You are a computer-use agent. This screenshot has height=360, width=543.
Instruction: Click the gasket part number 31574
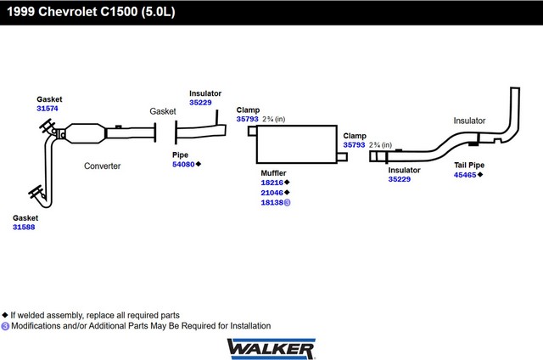coord(48,109)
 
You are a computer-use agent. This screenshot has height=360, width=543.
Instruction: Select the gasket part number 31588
coord(24,228)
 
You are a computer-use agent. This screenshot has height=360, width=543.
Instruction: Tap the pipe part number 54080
coord(183,164)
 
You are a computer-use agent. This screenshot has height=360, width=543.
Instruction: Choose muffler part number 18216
coord(271,183)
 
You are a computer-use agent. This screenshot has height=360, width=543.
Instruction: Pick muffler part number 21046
coord(271,193)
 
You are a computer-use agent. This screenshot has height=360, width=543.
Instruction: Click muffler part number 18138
coord(271,203)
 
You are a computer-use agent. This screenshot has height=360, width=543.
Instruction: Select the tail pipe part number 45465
coord(465,175)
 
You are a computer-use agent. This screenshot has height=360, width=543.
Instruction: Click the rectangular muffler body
coord(297,144)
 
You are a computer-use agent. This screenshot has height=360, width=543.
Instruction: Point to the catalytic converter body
coord(85,133)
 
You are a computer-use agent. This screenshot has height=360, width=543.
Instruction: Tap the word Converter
coord(102,166)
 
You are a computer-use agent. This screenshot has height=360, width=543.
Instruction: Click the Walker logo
coord(271,349)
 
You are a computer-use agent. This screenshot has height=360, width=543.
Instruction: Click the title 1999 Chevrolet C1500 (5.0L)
coord(91,12)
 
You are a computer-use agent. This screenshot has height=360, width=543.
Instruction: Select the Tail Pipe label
coord(469,165)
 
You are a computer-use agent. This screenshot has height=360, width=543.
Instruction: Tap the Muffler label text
coord(273,173)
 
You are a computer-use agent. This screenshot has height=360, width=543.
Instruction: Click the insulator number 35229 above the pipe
coord(200,103)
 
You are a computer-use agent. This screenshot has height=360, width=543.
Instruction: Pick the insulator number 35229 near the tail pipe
coord(400,179)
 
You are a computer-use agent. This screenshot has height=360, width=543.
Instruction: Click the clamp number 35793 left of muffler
coord(247,119)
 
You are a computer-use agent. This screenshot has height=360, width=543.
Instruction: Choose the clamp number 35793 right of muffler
coord(354,145)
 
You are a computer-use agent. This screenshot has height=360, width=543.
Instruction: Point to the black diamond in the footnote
coord(5,315)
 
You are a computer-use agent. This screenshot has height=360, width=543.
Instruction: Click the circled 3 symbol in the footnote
coord(5,326)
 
